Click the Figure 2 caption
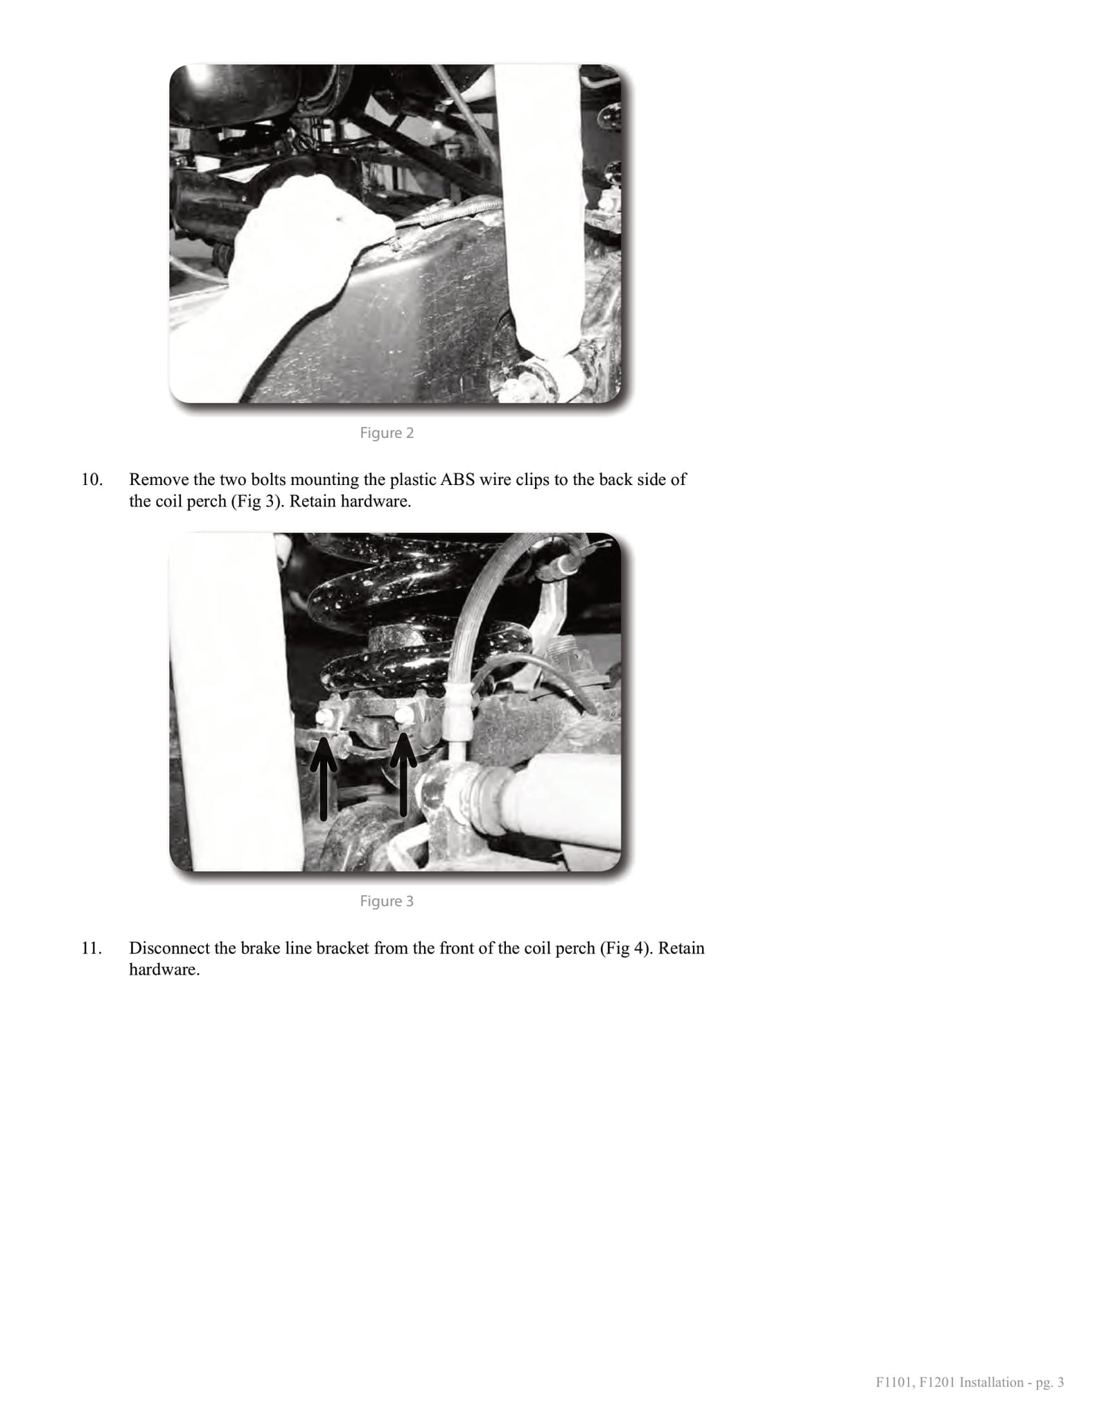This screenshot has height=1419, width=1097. click(x=387, y=433)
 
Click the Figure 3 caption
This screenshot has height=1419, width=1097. click(x=387, y=901)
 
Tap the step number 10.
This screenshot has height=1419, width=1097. click(x=92, y=479)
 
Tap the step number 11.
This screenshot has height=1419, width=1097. click(x=92, y=948)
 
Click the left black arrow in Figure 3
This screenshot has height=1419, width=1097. click(x=324, y=779)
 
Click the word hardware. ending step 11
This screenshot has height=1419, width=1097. click(x=165, y=969)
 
